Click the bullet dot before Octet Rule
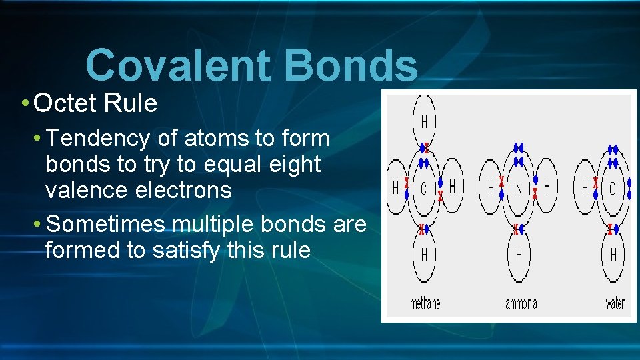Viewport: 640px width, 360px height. coord(24,103)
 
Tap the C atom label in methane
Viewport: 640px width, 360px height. coord(423,189)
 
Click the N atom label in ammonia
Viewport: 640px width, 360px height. coord(519,189)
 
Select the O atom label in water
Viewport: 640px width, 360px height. coord(613,189)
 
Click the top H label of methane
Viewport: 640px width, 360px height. coord(424,122)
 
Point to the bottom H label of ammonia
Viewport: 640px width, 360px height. coord(519,255)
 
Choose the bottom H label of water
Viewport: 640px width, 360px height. coord(613,255)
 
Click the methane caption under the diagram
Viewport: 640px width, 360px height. coord(425,303)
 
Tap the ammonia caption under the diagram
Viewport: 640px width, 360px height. coord(521,303)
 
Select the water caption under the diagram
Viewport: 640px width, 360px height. coord(615,303)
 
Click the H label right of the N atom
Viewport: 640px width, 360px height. coord(547,186)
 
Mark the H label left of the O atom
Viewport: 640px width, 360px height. coord(585,188)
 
